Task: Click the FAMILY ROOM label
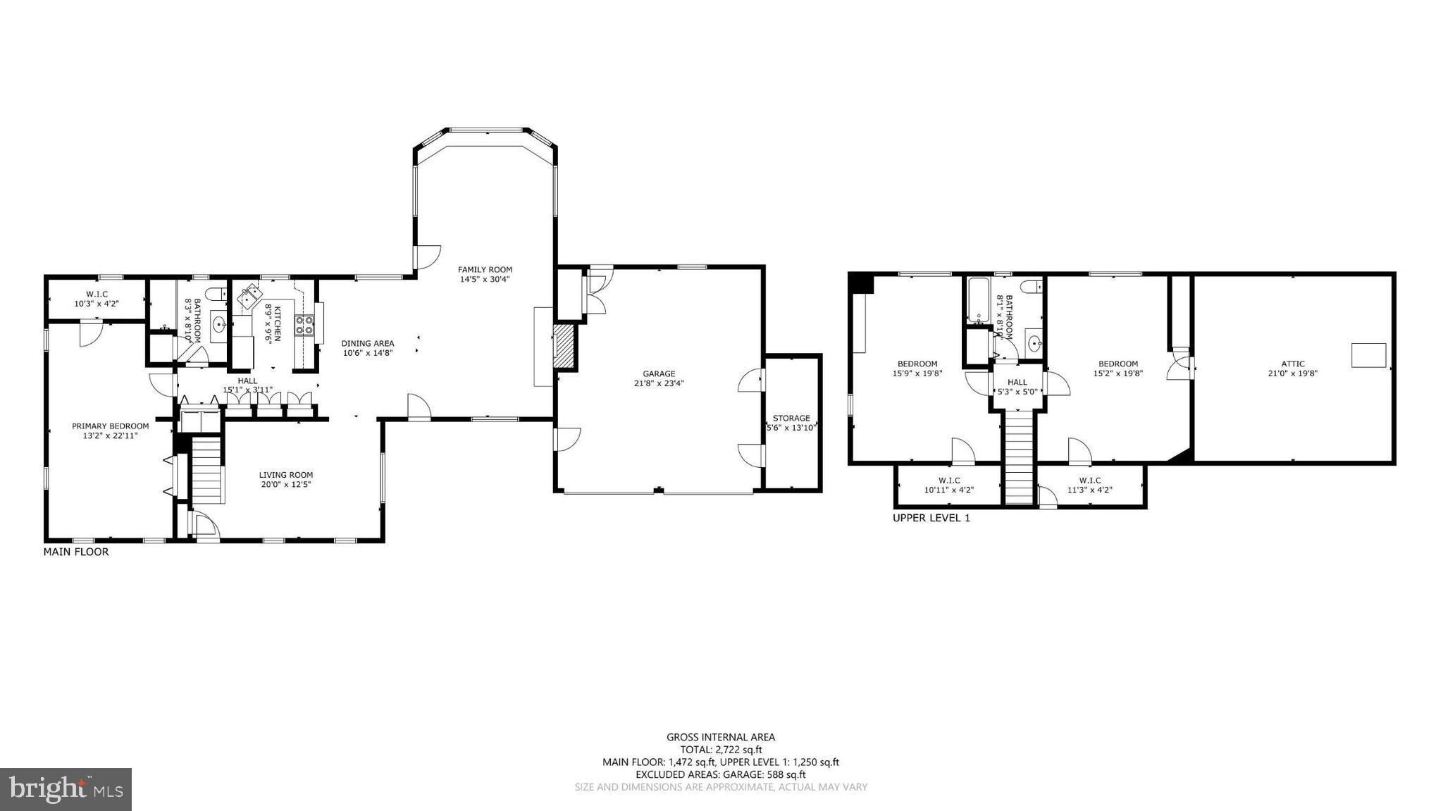[x=485, y=270]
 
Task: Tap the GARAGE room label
[x=658, y=374]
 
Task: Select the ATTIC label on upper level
[x=1292, y=364]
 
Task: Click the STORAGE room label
[x=791, y=418]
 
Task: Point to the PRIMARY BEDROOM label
[x=110, y=426]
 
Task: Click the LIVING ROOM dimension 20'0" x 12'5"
[x=285, y=485]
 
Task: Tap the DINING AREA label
[x=368, y=344]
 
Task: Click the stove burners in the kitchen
[x=304, y=325]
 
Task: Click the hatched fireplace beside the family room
[x=564, y=346]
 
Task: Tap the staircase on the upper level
[x=1017, y=458]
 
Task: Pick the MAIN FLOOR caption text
[x=76, y=552]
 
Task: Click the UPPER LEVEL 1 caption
[x=931, y=518]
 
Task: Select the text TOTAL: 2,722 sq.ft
[x=720, y=750]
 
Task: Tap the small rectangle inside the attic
[x=1368, y=354]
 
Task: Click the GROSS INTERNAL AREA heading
[x=720, y=737]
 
